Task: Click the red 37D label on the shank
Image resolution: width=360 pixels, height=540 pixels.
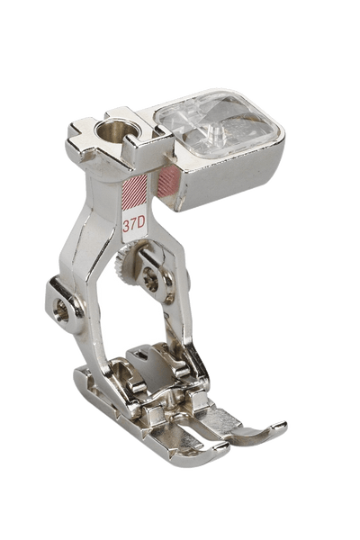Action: (134, 225)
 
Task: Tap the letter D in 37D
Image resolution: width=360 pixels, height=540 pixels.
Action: (141, 225)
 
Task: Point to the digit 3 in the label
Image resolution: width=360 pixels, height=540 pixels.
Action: (126, 226)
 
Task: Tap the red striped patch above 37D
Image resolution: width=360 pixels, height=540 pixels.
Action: (135, 193)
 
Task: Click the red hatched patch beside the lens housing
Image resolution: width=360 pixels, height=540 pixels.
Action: (168, 181)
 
